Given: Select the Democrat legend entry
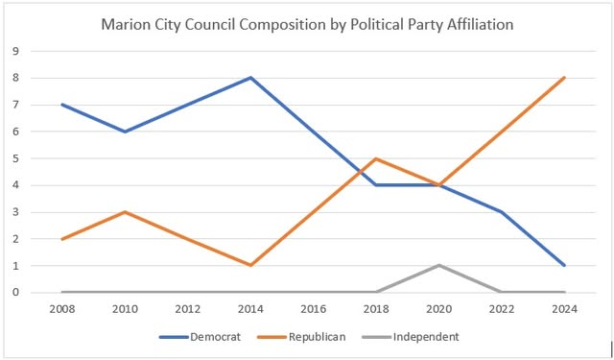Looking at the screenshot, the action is pyautogui.click(x=200, y=337).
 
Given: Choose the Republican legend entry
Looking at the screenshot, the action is pyautogui.click(x=301, y=337).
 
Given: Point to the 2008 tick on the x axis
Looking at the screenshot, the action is pyautogui.click(x=62, y=309).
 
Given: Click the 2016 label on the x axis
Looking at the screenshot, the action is pyautogui.click(x=314, y=309).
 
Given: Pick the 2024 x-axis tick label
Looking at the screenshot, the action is pyautogui.click(x=565, y=309).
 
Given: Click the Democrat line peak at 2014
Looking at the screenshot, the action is pyautogui.click(x=250, y=78).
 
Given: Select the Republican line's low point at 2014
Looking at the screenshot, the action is pyautogui.click(x=250, y=265).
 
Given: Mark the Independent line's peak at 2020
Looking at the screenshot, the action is pyautogui.click(x=439, y=265).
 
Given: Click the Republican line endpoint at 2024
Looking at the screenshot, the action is pyautogui.click(x=564, y=78).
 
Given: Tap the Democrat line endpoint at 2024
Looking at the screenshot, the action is pyautogui.click(x=564, y=265).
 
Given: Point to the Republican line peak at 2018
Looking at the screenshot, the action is pyautogui.click(x=376, y=158).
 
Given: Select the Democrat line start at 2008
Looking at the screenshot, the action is pyautogui.click(x=62, y=105).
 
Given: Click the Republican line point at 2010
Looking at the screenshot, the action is pyautogui.click(x=126, y=212).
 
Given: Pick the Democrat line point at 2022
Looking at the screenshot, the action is pyautogui.click(x=502, y=212).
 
